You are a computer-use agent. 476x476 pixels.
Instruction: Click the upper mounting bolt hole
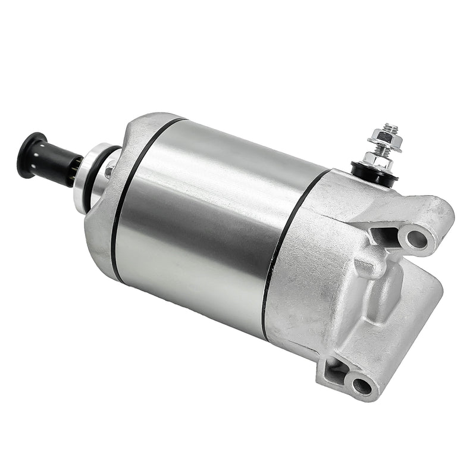coord(418,239)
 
